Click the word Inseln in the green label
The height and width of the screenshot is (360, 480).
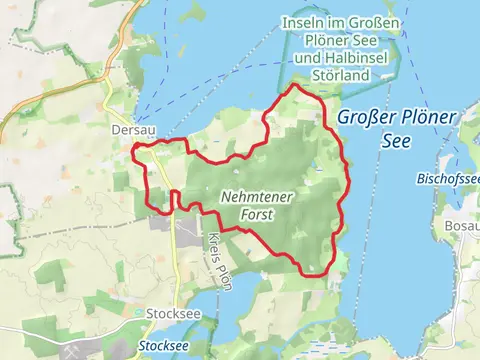pyautogui.click(x=301, y=23)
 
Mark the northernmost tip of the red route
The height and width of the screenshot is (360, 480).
pyautogui.click(x=294, y=86)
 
